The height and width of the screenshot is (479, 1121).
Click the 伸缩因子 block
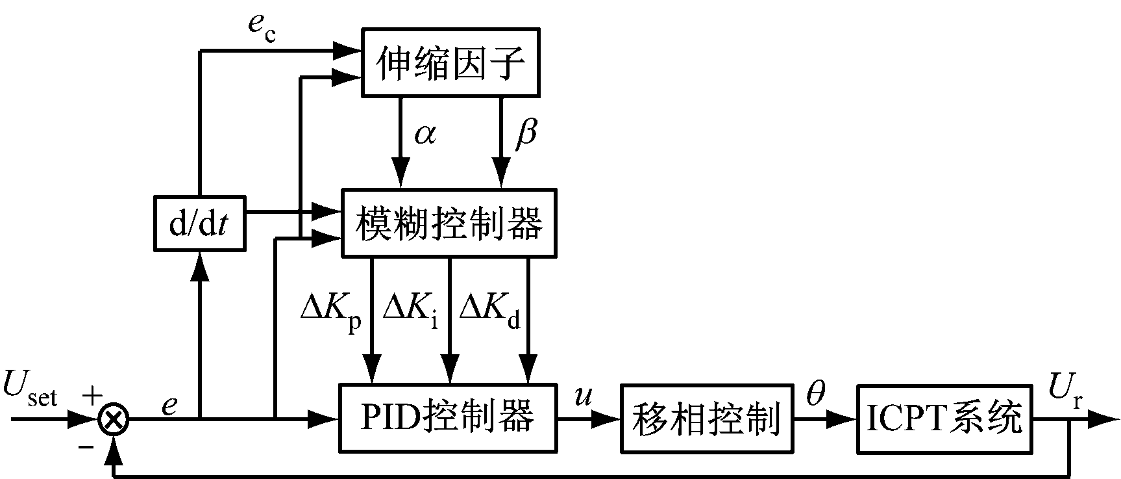(450, 63)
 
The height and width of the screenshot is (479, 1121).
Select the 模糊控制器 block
(449, 223)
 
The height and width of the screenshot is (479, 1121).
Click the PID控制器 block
(448, 418)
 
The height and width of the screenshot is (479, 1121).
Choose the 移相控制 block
(707, 418)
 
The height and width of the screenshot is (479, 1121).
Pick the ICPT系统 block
(944, 418)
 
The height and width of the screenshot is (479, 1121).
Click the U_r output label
(1065, 389)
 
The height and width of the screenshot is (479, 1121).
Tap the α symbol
(425, 135)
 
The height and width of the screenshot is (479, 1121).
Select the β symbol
(526, 135)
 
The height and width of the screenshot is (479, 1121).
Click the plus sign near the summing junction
(92, 394)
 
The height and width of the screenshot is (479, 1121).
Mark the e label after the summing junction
(169, 404)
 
